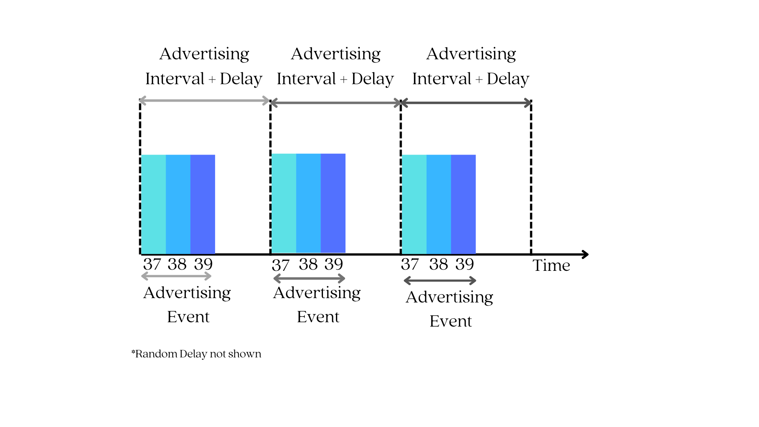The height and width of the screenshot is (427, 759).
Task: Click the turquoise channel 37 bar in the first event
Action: pos(154,204)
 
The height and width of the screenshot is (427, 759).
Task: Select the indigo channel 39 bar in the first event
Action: pos(203,204)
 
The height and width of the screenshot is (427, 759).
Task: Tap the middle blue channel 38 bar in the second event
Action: pos(308,203)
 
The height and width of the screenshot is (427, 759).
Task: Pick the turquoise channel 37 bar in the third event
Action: pos(414,204)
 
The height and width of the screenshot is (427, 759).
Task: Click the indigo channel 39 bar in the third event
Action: pos(463,204)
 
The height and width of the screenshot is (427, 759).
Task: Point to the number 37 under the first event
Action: pos(152,264)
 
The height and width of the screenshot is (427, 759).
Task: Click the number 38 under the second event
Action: pos(308,264)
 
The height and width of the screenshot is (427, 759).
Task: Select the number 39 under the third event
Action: pos(464,264)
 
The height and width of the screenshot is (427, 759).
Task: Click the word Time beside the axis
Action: pos(551,265)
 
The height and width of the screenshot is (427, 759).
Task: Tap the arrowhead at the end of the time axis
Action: pos(585,254)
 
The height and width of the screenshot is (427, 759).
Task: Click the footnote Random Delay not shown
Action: pos(196,353)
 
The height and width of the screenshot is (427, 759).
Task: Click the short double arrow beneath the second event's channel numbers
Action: pos(309,279)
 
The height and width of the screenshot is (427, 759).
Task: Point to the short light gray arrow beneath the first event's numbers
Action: pos(176,276)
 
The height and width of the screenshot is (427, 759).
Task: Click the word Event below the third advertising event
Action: pos(451,321)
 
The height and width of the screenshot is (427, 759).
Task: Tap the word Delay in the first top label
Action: pos(241,79)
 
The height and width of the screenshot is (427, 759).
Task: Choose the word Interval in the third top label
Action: pos(442,79)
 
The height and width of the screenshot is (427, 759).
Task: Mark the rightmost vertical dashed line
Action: pos(531,178)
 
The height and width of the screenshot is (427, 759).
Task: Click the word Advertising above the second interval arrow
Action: pos(336,54)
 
